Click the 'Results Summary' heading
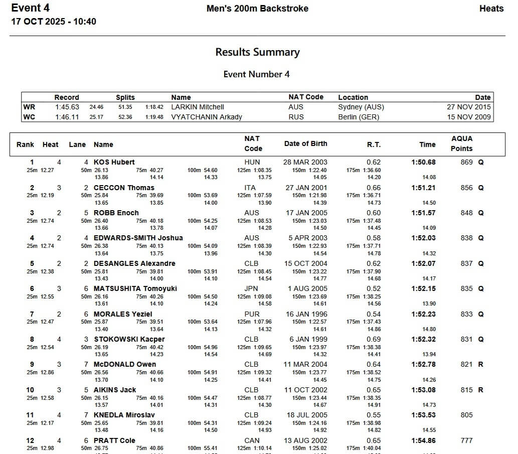[x=257, y=52]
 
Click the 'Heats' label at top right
[x=491, y=9]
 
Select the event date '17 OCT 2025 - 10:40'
[x=54, y=22]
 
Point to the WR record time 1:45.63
[x=67, y=107]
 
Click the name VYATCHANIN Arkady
[x=207, y=117]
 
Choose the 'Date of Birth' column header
[x=305, y=143]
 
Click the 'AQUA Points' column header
[x=461, y=143]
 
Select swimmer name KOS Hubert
[x=114, y=162]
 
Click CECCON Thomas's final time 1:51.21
[x=423, y=188]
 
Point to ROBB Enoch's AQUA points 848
[x=466, y=213]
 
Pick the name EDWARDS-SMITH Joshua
[x=138, y=238]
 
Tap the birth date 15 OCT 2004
[x=305, y=263]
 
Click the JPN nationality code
[x=251, y=288]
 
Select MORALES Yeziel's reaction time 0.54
[x=374, y=314]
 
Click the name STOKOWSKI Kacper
[x=129, y=339]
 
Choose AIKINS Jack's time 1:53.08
[x=423, y=390]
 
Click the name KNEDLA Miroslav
[x=124, y=415]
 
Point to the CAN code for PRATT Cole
[x=252, y=440]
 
